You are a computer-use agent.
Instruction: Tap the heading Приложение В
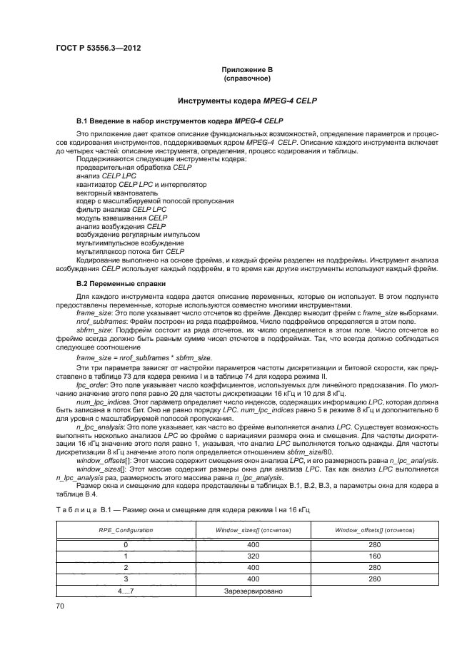tap(246, 70)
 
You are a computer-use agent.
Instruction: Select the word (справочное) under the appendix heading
tap(246, 78)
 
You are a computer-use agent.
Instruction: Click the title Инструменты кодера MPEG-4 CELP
tap(246, 101)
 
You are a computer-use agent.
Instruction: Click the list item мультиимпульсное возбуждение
tap(120, 243)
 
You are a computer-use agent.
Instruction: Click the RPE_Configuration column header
tap(125, 531)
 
